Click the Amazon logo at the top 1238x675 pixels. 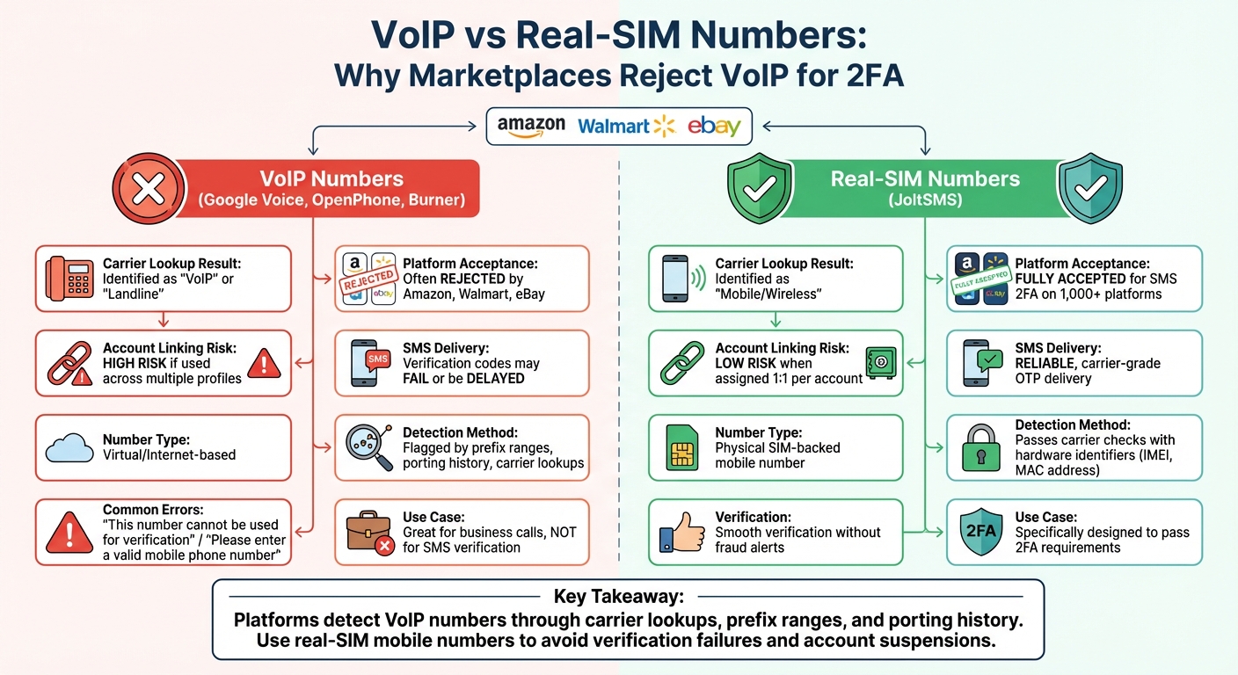(x=531, y=126)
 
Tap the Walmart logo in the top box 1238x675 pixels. (x=625, y=126)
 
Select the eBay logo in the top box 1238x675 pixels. (x=713, y=126)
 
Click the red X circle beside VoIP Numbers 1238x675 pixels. (x=149, y=188)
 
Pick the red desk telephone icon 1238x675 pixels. (x=69, y=279)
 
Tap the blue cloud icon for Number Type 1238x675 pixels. (x=69, y=447)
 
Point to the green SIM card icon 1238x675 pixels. (x=682, y=447)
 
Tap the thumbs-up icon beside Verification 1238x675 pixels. (x=681, y=533)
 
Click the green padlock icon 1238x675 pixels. (x=979, y=447)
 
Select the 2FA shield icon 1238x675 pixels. (x=979, y=533)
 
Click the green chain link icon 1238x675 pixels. (x=681, y=363)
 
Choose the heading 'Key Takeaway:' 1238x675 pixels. (x=618, y=597)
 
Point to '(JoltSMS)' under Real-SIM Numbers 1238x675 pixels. (x=925, y=200)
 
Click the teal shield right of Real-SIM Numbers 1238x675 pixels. (x=1090, y=188)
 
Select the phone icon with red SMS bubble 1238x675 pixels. (x=369, y=362)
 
